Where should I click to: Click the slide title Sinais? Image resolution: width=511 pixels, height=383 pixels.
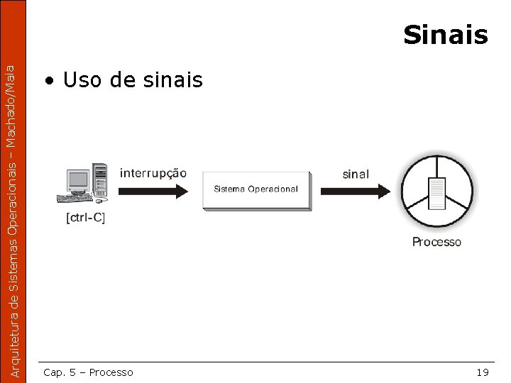[x=445, y=34]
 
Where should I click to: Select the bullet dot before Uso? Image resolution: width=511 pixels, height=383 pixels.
[x=48, y=81]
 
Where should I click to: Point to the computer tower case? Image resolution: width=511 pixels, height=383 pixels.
[x=100, y=181]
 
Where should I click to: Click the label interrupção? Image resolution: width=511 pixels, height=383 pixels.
[x=153, y=172]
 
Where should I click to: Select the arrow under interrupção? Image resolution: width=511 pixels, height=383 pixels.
[x=153, y=190]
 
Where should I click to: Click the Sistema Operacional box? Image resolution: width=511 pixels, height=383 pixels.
[x=256, y=189]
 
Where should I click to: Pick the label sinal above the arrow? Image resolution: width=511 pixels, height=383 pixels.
[x=356, y=173]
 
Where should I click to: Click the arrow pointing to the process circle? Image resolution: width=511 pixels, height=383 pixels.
[x=355, y=190]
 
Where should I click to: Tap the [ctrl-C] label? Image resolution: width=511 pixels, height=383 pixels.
[x=85, y=218]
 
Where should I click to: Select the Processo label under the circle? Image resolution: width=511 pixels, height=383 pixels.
[x=436, y=242]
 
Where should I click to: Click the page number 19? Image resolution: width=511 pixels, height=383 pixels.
[x=483, y=372]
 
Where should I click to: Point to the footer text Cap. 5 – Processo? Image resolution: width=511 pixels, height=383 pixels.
[x=88, y=372]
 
